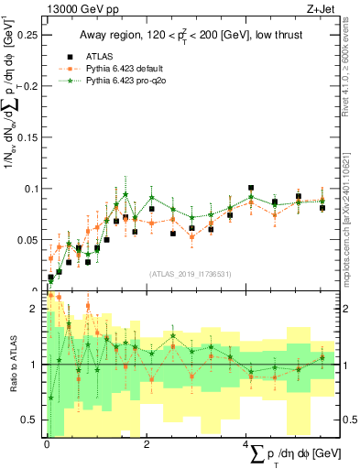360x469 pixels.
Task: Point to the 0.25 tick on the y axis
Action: [x=30, y=35]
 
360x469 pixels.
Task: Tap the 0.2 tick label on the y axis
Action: [x=33, y=86]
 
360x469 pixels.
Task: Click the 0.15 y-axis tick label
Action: [x=30, y=137]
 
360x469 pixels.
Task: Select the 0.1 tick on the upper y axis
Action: [x=33, y=189]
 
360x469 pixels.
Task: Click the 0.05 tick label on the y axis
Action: [x=30, y=240]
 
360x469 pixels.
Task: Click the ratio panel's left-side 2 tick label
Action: [x=37, y=309]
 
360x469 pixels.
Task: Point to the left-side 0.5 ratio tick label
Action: [x=33, y=420]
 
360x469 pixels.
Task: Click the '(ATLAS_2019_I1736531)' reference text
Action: [x=191, y=274]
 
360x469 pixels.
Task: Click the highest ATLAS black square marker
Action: [x=251, y=188]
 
